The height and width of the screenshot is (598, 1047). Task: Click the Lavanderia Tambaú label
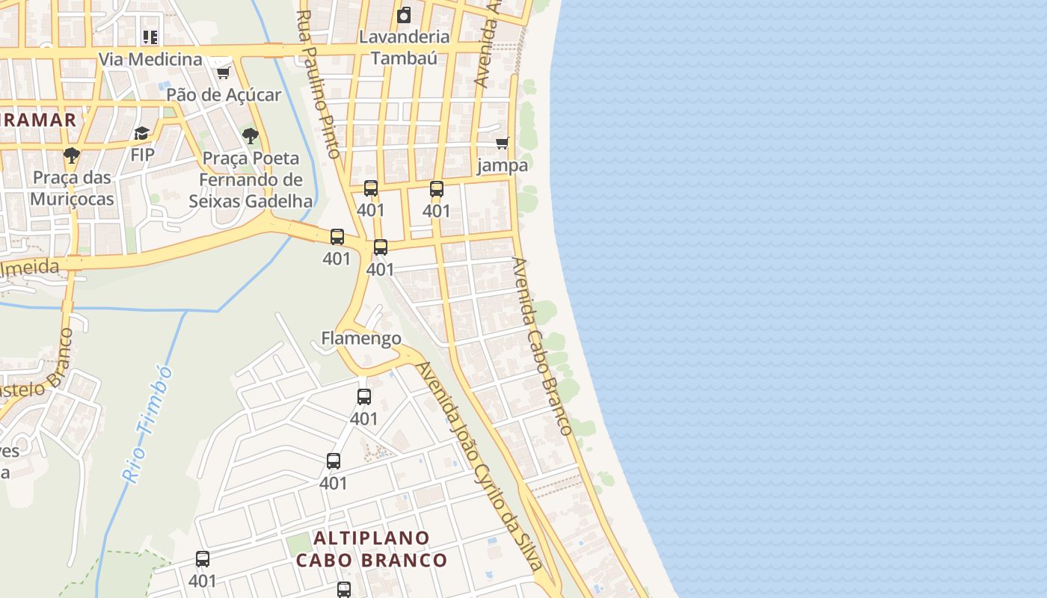pyautogui.click(x=404, y=46)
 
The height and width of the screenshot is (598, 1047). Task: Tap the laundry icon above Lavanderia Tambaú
pyautogui.click(x=404, y=14)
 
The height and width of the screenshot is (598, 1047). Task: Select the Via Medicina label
pyautogui.click(x=150, y=59)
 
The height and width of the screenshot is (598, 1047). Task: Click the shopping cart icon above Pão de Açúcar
pyautogui.click(x=223, y=73)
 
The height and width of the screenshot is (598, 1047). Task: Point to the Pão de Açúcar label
pyautogui.click(x=224, y=95)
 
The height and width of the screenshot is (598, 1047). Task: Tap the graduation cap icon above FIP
pyautogui.click(x=141, y=133)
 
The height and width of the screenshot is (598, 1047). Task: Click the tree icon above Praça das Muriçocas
pyautogui.click(x=72, y=155)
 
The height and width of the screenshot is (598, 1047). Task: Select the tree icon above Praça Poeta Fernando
pyautogui.click(x=251, y=136)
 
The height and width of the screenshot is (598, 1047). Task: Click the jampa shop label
pyautogui.click(x=503, y=165)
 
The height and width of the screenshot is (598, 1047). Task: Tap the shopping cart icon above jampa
pyautogui.click(x=503, y=143)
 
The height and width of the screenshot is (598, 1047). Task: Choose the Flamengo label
pyautogui.click(x=361, y=339)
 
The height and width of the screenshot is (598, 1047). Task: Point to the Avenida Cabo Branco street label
pyautogui.click(x=542, y=346)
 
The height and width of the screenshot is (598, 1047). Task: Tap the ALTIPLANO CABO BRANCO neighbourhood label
pyautogui.click(x=372, y=549)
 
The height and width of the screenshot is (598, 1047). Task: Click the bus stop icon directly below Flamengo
pyautogui.click(x=364, y=397)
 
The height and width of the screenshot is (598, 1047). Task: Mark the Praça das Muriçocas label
pyautogui.click(x=72, y=188)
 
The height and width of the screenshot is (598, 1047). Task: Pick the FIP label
pyautogui.click(x=142, y=155)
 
